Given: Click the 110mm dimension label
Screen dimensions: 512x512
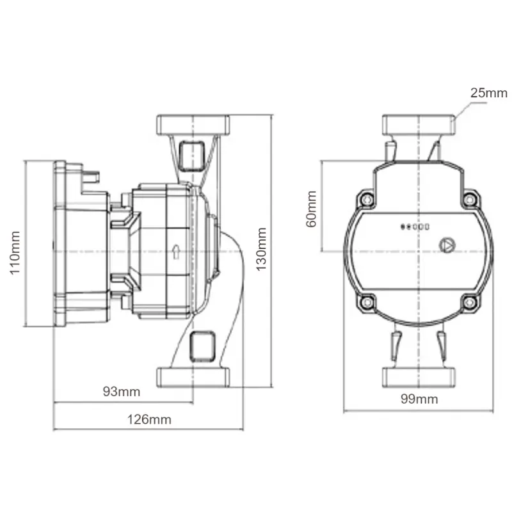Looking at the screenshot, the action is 15,253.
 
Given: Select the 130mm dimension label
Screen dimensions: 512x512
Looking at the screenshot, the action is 261,250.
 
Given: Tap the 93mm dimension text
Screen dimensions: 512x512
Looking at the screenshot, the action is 122,392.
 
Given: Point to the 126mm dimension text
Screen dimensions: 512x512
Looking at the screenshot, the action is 149,420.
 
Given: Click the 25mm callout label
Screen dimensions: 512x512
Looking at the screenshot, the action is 489,93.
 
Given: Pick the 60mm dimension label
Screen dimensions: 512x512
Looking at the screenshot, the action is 312,209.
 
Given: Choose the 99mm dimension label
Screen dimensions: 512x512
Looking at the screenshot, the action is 419,399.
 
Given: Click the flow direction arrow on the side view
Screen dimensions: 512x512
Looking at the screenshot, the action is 177,252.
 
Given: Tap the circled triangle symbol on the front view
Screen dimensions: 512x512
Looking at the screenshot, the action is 447,246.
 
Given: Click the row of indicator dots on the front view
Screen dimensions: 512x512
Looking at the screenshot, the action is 415,227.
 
